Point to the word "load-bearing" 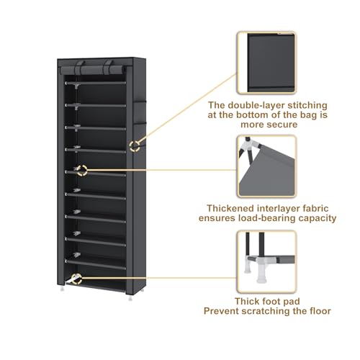(267, 218)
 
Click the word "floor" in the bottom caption (320, 311)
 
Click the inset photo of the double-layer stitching (267, 63)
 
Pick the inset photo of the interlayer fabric (267, 166)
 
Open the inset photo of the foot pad (267, 261)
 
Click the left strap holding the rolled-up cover (78, 68)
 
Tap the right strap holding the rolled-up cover (108, 68)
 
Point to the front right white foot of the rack (130, 298)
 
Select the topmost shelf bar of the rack (95, 83)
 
